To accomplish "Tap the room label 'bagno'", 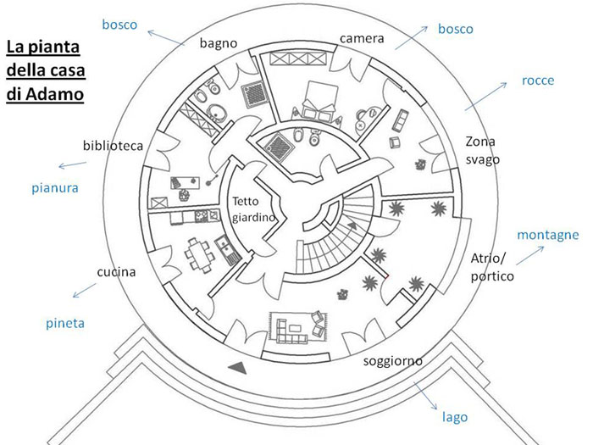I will pos(218,42).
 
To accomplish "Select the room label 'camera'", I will pos(362,39).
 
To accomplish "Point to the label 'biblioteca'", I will pos(114,145).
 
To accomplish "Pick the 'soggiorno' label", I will pos(392,361).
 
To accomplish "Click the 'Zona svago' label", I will pos(483,150).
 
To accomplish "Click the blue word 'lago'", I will pos(455,418).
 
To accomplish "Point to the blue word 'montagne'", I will pos(547,234).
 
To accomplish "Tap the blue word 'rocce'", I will pos(539,81).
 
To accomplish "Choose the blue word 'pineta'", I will pos(64,323).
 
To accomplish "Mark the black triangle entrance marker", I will pos(240,366).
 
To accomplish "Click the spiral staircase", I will pos(335,229).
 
